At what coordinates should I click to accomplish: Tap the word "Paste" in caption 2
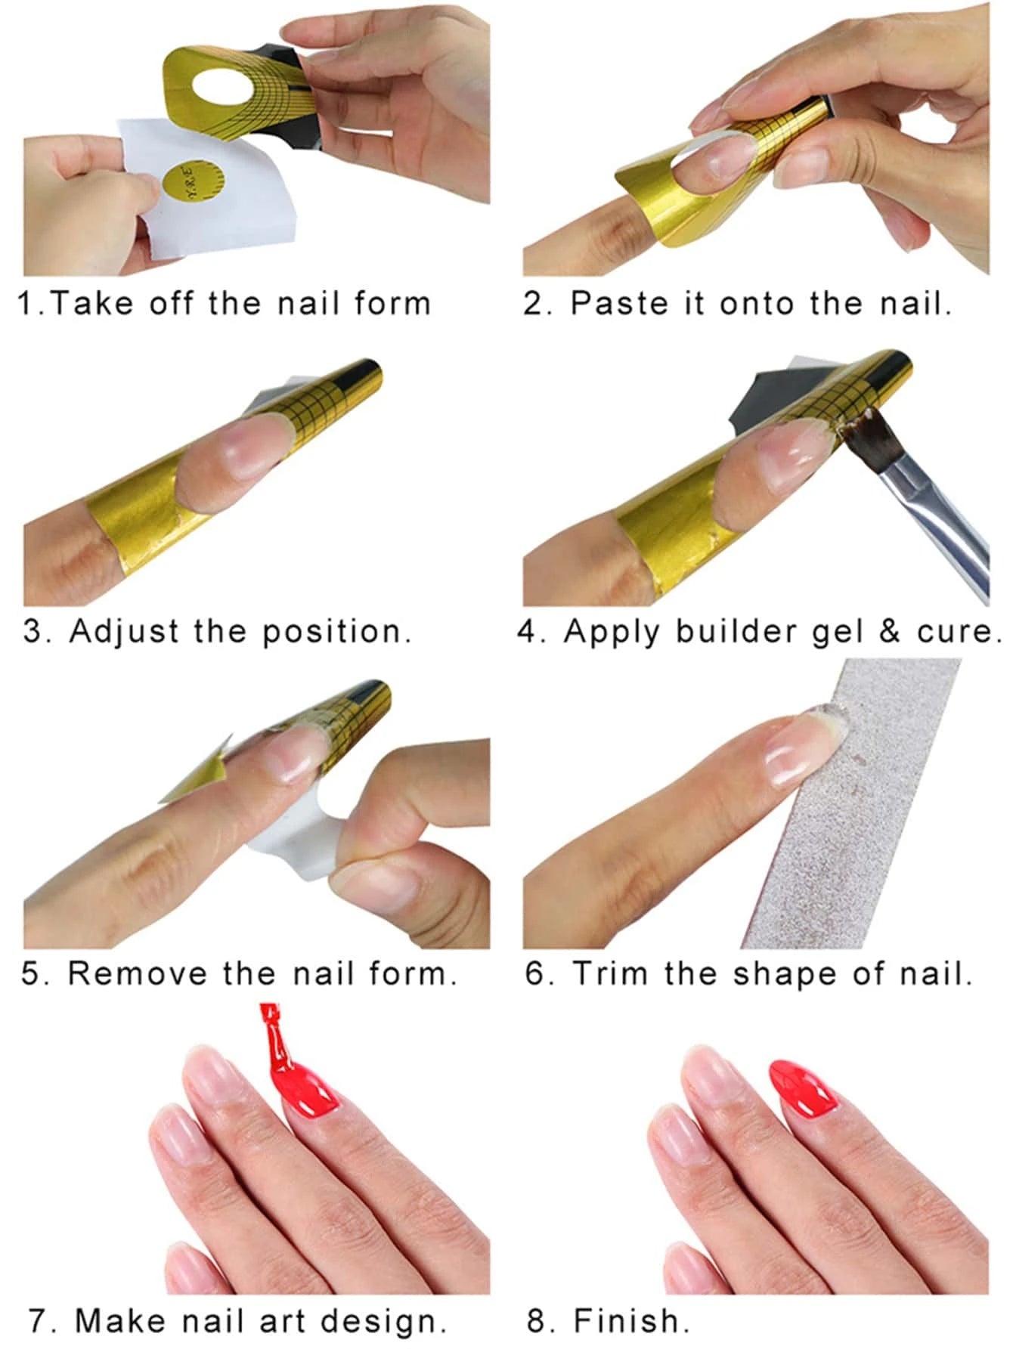click(x=619, y=303)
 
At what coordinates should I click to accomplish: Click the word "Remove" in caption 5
click(x=138, y=973)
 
